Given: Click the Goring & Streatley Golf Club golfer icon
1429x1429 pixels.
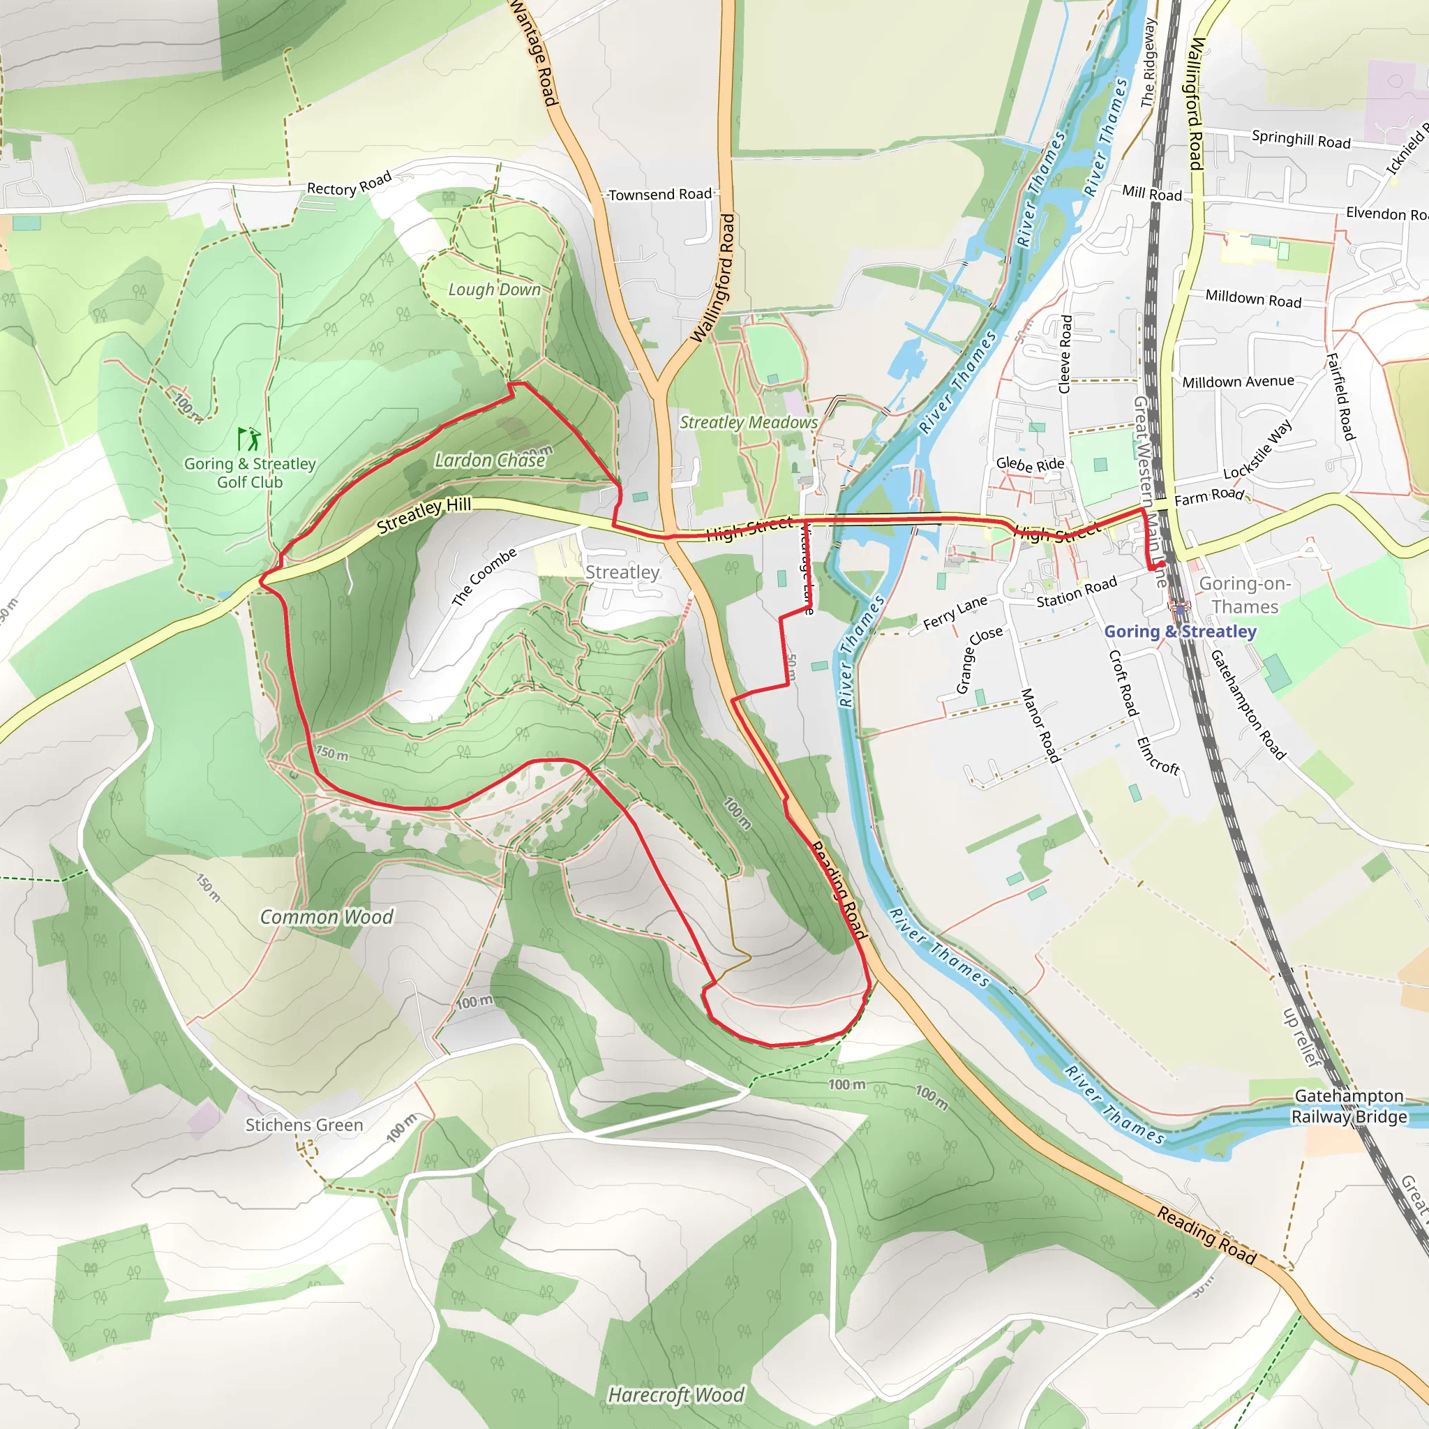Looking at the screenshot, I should coord(249,439).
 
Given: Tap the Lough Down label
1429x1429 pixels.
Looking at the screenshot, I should coord(494,289).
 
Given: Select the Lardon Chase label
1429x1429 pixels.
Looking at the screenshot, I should coord(490,460).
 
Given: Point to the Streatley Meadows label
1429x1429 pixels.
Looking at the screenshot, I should coord(749,422).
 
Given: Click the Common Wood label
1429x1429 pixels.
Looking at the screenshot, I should coord(326,916).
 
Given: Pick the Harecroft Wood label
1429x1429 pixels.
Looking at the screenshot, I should coord(675,1394).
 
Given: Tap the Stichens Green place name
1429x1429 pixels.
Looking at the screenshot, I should coord(304,1124).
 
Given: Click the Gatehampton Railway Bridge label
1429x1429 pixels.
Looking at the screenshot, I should coord(1349,1106).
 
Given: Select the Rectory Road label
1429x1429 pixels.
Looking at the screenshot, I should coord(348,184).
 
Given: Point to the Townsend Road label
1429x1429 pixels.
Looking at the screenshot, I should coord(660,194).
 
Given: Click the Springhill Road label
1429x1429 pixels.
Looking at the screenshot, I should coord(1301,139).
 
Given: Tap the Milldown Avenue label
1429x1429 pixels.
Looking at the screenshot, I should coord(1239,382).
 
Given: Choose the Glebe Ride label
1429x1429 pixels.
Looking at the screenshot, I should coord(1030,465).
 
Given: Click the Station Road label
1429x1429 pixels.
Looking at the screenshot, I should coord(1076,592).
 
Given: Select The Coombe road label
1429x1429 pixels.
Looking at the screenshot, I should coord(484,577).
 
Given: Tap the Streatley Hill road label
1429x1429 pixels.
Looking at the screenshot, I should coord(424,515).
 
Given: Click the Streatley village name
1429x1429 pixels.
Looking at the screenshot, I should coord(622,571).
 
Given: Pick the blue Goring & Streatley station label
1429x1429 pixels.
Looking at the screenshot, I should coord(1180,631).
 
